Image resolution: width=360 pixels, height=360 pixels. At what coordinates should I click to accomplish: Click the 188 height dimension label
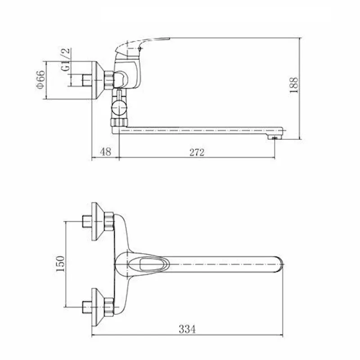(294, 85)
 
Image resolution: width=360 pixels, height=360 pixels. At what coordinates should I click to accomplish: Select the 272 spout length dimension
(197, 152)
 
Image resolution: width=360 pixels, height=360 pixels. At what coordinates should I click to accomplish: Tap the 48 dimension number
(106, 152)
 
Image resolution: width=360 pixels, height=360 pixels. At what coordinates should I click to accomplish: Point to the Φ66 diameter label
(40, 80)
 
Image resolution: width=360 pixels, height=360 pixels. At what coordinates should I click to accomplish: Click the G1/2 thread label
(65, 60)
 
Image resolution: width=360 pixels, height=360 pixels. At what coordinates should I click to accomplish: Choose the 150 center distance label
(60, 264)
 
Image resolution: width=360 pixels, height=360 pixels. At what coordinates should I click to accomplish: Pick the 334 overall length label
(187, 329)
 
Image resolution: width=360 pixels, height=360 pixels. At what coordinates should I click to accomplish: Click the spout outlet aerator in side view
(274, 137)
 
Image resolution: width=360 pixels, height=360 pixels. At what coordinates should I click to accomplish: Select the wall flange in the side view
(98, 81)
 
